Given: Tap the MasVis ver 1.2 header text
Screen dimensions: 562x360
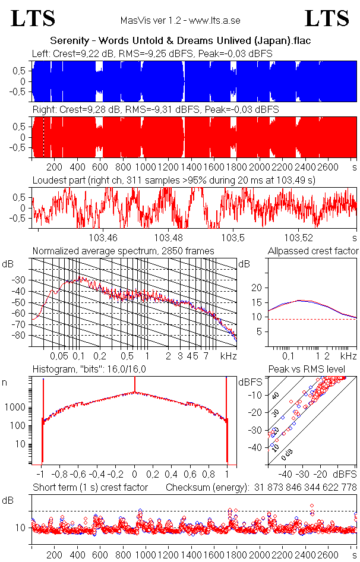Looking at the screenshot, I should point(180,21).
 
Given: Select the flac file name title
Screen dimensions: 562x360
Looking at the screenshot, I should point(180,40).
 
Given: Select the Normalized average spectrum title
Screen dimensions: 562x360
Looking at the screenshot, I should point(123,251).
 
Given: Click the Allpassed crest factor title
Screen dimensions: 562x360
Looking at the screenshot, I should point(313,251).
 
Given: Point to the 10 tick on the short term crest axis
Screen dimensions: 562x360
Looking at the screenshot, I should point(20,527).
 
